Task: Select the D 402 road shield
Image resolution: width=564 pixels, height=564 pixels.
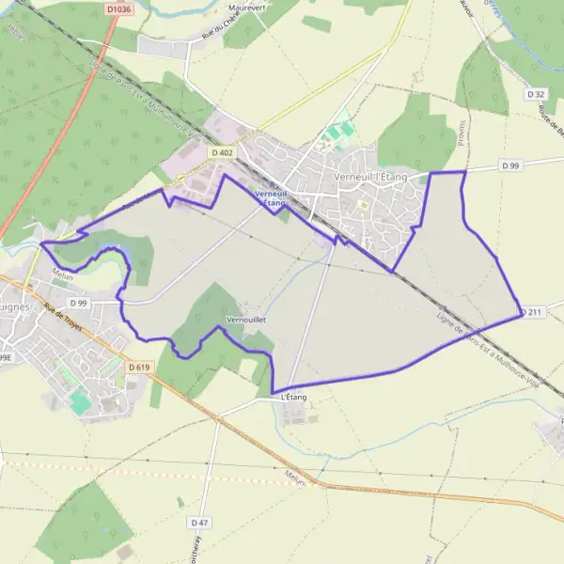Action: pos(222,151)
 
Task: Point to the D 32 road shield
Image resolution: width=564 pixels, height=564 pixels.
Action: pos(537,94)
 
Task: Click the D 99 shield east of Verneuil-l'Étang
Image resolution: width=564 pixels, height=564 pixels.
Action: pos(510,165)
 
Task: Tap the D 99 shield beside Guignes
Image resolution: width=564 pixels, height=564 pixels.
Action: pos(77,303)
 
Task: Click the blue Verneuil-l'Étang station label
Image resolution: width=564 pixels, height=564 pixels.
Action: pos(270,197)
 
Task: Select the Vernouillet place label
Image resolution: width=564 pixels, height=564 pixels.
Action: pos(246,320)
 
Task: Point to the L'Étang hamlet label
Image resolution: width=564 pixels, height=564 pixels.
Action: pos(294,398)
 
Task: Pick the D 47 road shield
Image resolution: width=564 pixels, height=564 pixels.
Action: pos(198,522)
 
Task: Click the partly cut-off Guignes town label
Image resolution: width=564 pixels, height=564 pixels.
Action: pos(17,306)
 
